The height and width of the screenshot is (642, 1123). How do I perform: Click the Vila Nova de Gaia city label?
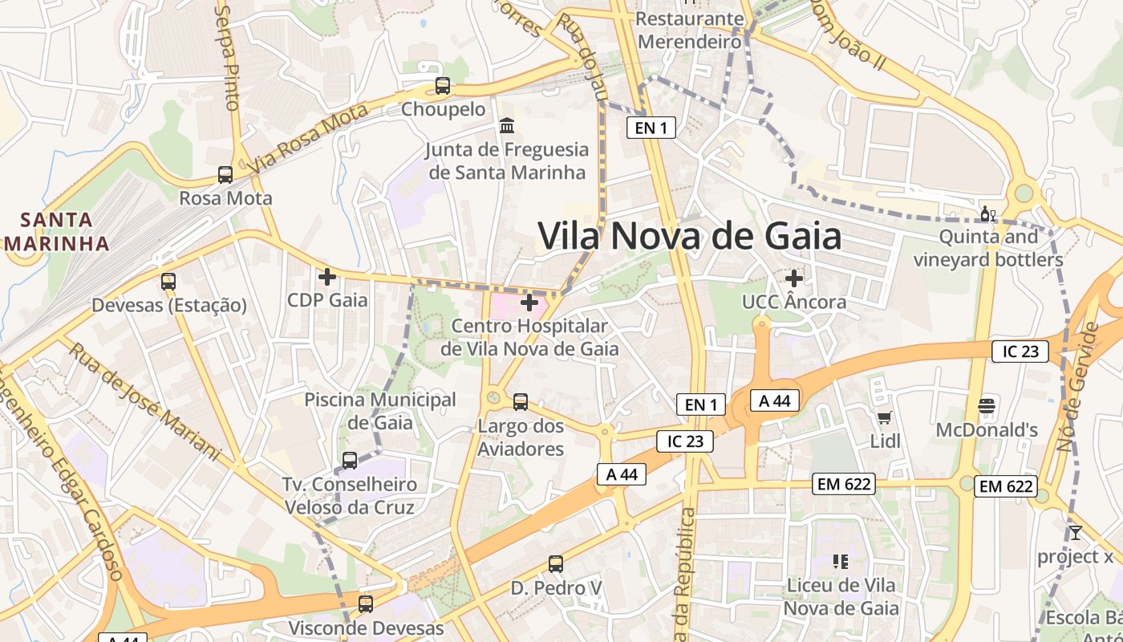(x=689, y=237)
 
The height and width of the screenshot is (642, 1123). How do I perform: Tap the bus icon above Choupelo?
(x=443, y=86)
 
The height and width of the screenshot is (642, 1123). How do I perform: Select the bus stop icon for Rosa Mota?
(x=225, y=175)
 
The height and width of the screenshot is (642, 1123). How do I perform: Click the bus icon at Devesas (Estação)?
(x=168, y=282)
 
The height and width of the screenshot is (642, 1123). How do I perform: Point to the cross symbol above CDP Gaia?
(x=327, y=277)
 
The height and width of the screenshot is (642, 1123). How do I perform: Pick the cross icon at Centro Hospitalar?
(x=529, y=303)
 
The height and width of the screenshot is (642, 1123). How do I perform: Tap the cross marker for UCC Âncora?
(x=794, y=278)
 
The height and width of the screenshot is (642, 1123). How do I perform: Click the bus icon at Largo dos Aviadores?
(x=521, y=402)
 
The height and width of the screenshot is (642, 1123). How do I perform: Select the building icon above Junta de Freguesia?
(x=507, y=126)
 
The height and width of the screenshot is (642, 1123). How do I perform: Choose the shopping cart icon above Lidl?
(x=885, y=417)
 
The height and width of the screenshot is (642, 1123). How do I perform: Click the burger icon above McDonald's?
(x=987, y=406)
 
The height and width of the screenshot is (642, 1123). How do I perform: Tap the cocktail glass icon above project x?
(x=1075, y=533)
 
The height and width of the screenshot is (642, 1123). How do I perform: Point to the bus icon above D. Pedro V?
(x=556, y=564)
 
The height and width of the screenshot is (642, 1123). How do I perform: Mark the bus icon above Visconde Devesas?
(x=366, y=604)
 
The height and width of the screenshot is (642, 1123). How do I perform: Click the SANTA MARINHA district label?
(x=56, y=231)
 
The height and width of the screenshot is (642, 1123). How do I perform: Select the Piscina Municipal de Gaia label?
(x=380, y=411)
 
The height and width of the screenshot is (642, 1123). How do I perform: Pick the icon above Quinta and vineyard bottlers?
(x=988, y=214)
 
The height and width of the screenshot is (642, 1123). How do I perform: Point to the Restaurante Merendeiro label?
(x=690, y=30)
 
